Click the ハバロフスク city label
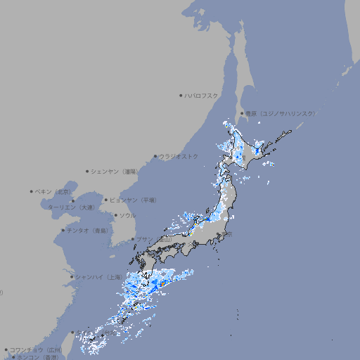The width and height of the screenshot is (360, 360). (x=202, y=95)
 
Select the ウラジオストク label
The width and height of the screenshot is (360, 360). (x=179, y=156)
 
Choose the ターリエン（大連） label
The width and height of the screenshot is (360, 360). (x=71, y=207)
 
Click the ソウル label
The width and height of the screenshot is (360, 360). (x=127, y=215)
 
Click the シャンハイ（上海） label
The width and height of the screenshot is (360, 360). (x=98, y=277)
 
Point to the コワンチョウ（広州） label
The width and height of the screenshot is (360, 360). (x=36, y=349)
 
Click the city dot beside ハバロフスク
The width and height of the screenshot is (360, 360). (x=181, y=95)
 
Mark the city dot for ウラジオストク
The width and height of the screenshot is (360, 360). (x=155, y=156)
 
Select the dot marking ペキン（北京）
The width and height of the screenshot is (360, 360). (x=32, y=191)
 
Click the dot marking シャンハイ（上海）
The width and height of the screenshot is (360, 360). (x=72, y=277)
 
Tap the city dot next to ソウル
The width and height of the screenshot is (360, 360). (x=115, y=215)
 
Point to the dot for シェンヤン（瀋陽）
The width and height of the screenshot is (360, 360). (x=88, y=171)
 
